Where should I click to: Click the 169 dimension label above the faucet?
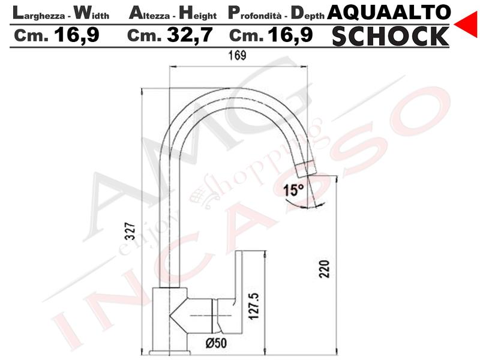tap(237, 55)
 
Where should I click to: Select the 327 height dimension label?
tap(131, 231)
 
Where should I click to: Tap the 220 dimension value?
tap(324, 269)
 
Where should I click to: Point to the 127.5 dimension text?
tap(254, 307)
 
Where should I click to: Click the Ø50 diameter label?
tap(217, 343)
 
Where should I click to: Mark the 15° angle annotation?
tap(293, 190)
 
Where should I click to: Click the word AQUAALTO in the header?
tap(389, 12)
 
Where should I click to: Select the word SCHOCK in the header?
tap(391, 36)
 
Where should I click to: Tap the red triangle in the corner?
tap(467, 24)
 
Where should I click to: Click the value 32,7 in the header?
tap(190, 35)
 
